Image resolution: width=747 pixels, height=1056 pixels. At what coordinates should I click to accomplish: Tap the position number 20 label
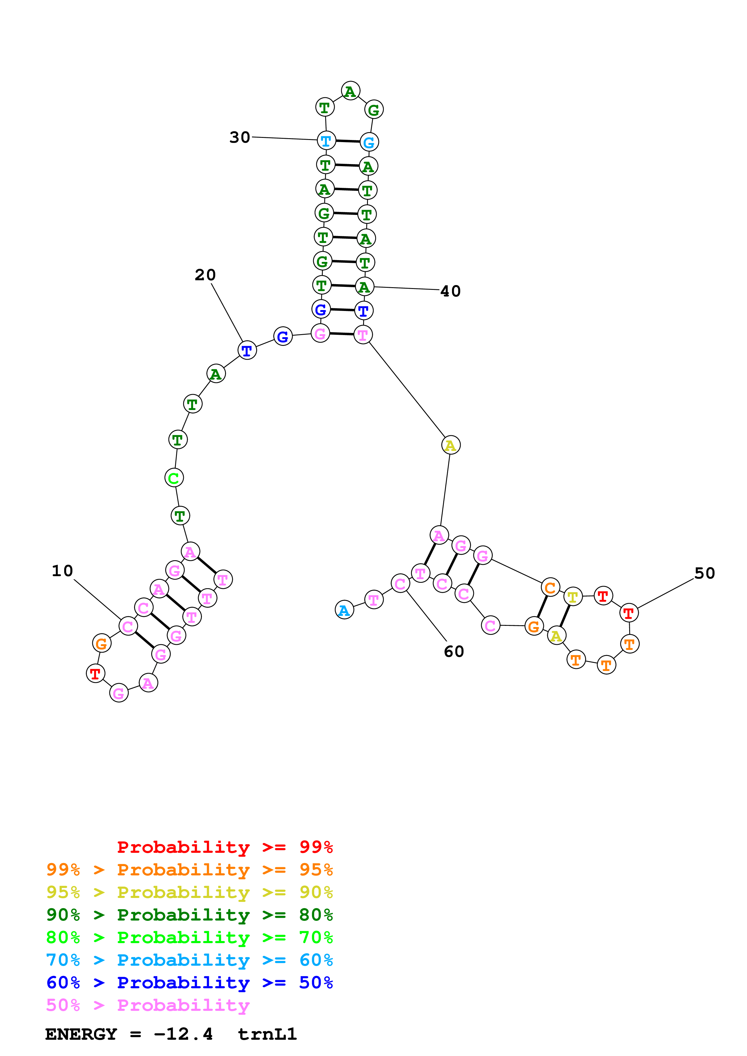point(205,275)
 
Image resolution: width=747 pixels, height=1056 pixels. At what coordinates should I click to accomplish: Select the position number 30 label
point(240,137)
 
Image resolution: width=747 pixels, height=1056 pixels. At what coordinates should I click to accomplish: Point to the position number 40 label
point(450,291)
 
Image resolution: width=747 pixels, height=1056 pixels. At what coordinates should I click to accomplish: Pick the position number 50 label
point(705,573)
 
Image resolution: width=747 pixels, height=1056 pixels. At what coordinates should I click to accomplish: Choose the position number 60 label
point(454,651)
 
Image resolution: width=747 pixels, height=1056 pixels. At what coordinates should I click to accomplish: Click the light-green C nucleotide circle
point(174,478)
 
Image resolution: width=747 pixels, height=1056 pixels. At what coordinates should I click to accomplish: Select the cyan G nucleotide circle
point(369,142)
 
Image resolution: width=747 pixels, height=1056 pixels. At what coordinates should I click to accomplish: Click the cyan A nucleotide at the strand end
point(344,610)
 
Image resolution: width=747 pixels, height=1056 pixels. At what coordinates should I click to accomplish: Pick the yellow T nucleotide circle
point(573,597)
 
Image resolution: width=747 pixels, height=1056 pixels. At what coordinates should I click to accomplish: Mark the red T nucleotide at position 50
point(629,613)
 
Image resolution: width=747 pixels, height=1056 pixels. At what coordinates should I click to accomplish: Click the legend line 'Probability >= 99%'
point(224,847)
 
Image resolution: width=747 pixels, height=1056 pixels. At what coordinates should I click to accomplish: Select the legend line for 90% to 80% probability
point(189,915)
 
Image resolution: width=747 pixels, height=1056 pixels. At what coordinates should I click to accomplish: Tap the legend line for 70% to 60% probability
point(189,960)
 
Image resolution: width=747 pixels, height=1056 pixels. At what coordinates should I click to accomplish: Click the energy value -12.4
point(183,1034)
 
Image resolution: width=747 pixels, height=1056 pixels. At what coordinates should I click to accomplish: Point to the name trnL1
point(267,1034)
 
